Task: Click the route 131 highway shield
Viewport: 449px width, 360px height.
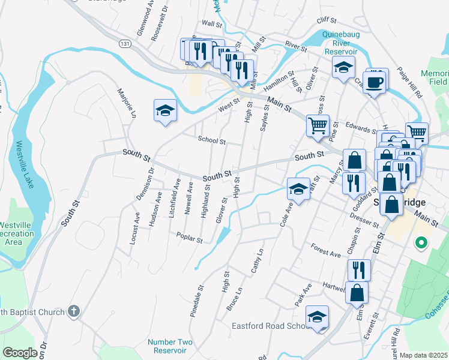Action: pyautogui.click(x=124, y=44)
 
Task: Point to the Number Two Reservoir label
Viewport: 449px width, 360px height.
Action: pyautogui.click(x=170, y=346)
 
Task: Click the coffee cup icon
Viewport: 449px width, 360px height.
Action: pyautogui.click(x=375, y=82)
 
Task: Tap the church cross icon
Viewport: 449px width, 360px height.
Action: pyautogui.click(x=73, y=311)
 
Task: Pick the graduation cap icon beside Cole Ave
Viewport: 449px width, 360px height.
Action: pyautogui.click(x=298, y=189)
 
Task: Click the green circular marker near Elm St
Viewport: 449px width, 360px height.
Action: pyautogui.click(x=421, y=243)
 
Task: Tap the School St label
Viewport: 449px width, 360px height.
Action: pyautogui.click(x=212, y=141)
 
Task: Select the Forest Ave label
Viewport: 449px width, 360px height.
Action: pyautogui.click(x=325, y=250)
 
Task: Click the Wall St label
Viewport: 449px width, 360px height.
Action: pyautogui.click(x=212, y=23)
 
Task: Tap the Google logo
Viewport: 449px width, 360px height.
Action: pyautogui.click(x=20, y=353)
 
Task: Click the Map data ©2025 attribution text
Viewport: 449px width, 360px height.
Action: pyautogui.click(x=424, y=355)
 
